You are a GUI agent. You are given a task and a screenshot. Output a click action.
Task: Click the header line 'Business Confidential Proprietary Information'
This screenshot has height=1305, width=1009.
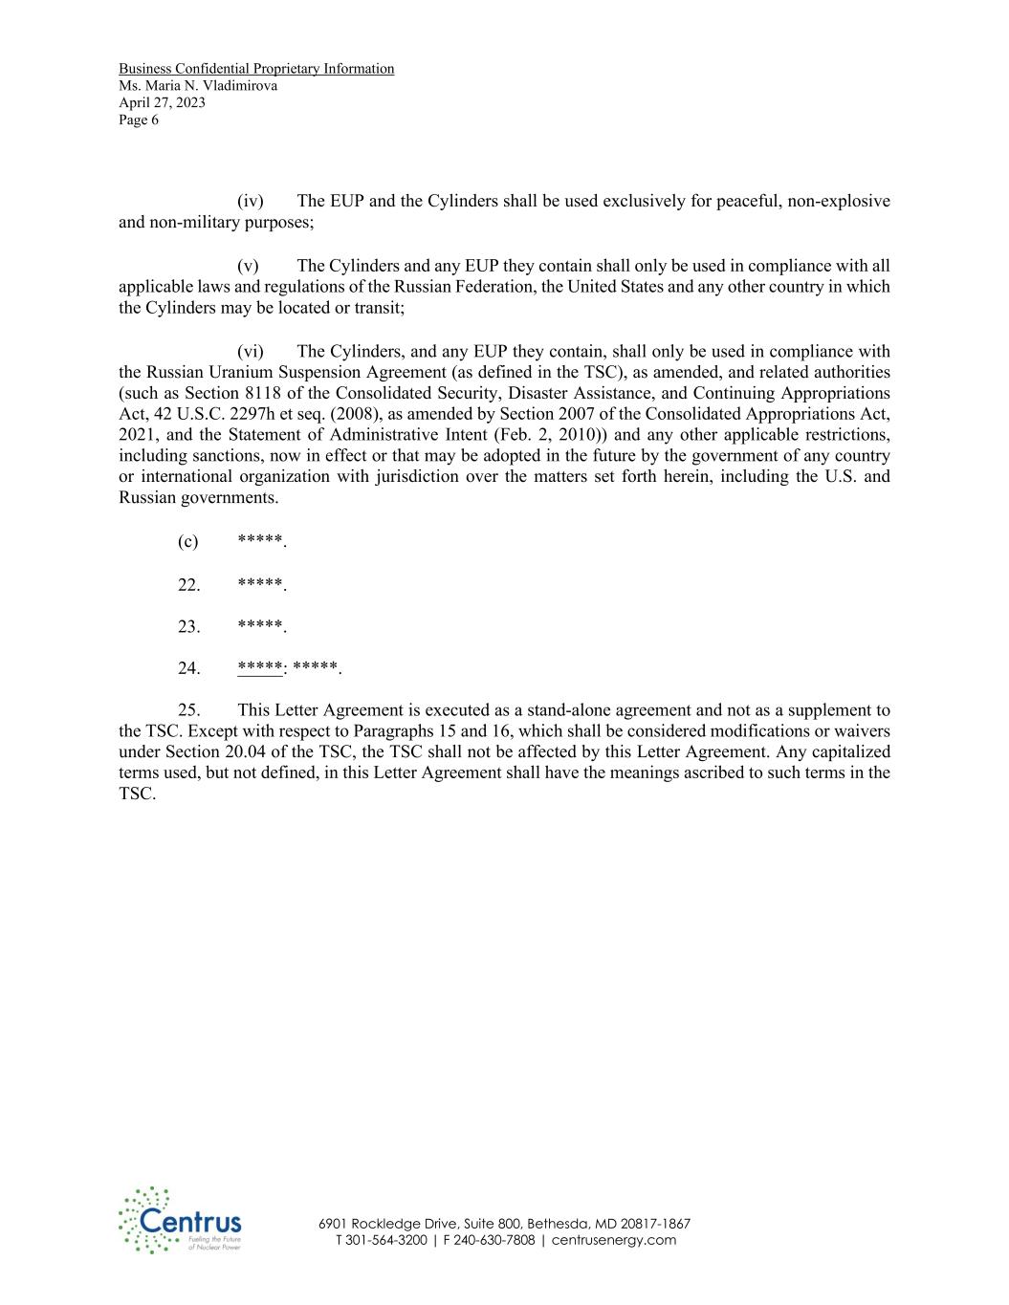point(256,69)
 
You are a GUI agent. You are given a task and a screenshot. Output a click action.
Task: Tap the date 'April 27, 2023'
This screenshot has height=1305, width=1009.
point(162,103)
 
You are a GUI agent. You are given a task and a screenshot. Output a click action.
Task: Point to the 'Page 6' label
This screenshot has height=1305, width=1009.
point(139,120)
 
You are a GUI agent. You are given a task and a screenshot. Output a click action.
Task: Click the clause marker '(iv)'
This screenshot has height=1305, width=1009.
point(251,202)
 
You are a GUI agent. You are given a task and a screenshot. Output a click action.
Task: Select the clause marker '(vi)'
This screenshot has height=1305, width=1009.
point(251,352)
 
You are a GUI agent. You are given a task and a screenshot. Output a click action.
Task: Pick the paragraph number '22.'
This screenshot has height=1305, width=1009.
point(188,584)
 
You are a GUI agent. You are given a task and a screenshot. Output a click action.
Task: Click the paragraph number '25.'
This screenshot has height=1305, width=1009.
point(188,710)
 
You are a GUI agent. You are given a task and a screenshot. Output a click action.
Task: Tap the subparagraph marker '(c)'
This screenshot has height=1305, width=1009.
point(187,542)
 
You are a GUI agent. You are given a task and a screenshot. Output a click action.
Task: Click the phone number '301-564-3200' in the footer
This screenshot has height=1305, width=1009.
point(386,1241)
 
